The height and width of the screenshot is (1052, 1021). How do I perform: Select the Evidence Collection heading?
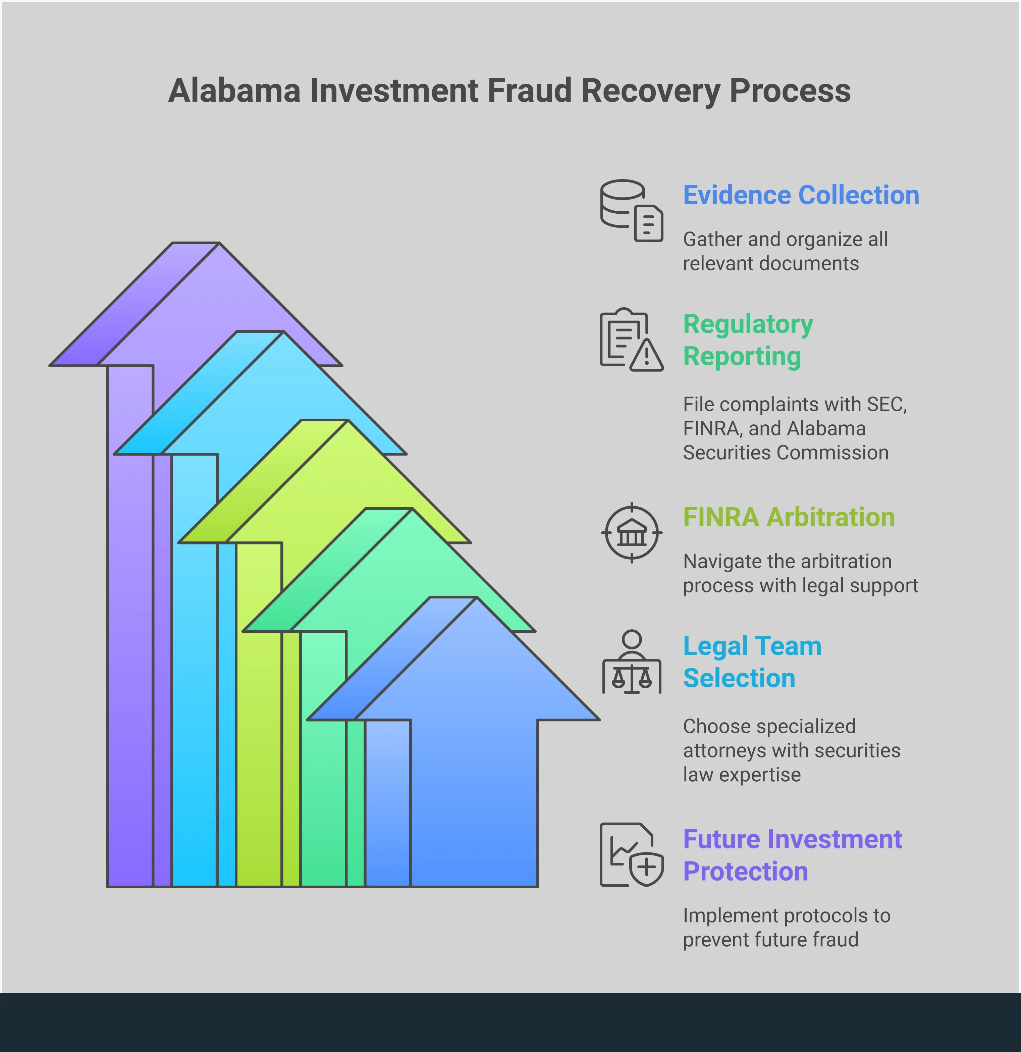tap(801, 195)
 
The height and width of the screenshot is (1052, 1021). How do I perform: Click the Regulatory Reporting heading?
tap(748, 340)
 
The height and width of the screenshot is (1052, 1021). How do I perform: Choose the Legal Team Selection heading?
tap(752, 662)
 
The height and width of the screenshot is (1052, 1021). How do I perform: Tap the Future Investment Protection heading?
tap(792, 855)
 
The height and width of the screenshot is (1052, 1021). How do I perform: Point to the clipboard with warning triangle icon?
tap(631, 340)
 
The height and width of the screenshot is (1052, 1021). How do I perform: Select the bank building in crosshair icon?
tap(631, 533)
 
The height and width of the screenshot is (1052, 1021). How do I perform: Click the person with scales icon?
tap(631, 662)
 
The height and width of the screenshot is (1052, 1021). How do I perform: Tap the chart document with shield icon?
tap(631, 855)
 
